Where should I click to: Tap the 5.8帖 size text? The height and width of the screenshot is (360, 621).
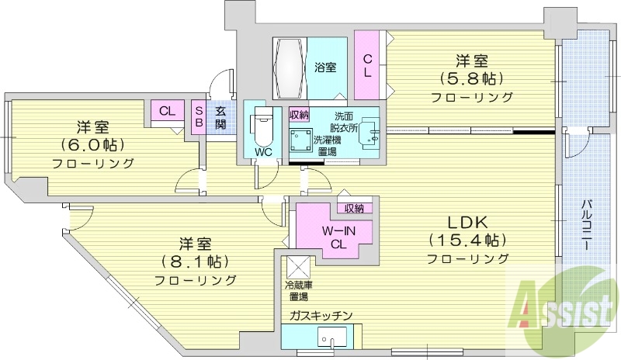(x=470, y=78)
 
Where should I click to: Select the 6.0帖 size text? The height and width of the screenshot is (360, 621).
(x=92, y=144)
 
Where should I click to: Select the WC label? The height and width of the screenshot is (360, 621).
(x=262, y=152)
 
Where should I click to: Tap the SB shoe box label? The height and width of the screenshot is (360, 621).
(x=199, y=117)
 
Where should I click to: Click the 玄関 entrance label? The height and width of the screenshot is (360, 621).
(x=220, y=117)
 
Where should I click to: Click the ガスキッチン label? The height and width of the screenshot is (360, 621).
(x=321, y=315)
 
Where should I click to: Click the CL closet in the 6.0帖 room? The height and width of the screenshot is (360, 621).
(x=167, y=110)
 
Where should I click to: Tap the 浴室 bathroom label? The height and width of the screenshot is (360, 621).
(x=325, y=67)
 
